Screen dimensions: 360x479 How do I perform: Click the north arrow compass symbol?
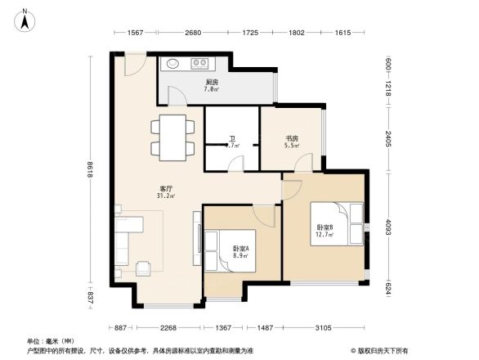click(25, 18)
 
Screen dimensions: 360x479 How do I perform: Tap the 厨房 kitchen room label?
click(211, 82)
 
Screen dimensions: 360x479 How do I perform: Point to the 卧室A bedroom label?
click(241, 249)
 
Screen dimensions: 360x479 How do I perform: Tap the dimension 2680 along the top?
click(193, 33)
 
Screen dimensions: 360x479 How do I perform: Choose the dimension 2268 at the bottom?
click(169, 328)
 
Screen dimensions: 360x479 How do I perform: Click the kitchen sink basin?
click(173, 63)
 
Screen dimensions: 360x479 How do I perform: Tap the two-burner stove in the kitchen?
click(199, 63)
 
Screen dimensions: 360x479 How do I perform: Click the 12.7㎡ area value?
click(325, 235)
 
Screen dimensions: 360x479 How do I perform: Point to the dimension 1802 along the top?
click(297, 33)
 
